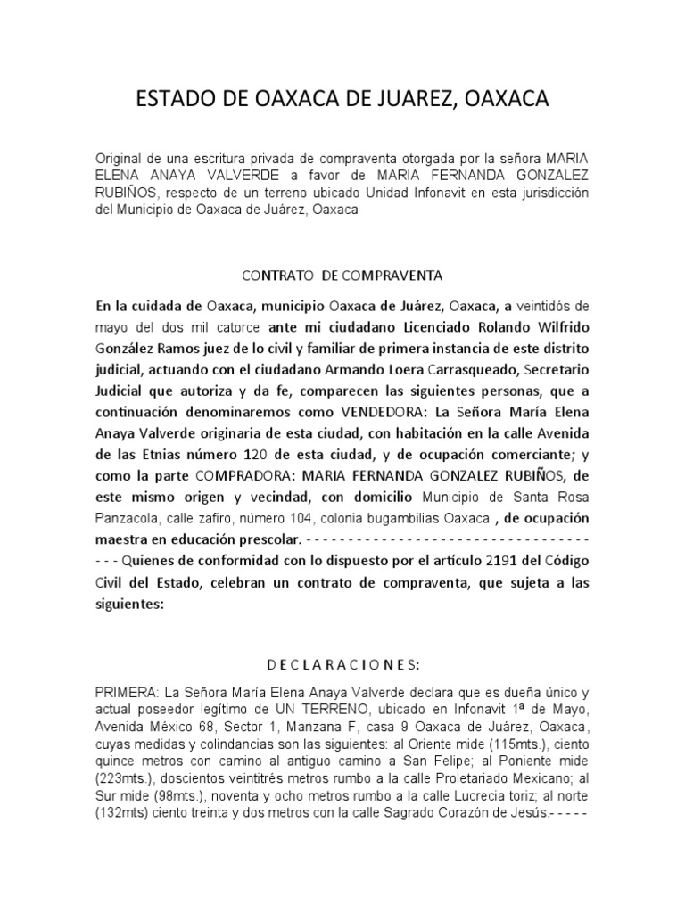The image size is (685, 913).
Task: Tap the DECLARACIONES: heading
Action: pyautogui.click(x=343, y=664)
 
